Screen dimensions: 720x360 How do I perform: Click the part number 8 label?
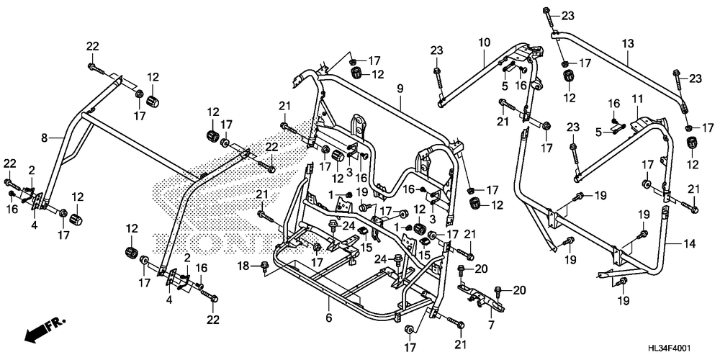click(45, 138)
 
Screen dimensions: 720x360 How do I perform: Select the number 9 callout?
click(400, 89)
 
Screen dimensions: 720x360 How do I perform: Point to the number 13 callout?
click(628, 44)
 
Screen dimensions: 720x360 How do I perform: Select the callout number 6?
click(329, 318)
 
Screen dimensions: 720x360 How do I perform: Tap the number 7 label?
click(491, 325)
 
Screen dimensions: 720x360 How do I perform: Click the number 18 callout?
click(244, 265)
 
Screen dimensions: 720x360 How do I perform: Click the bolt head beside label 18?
click(265, 266)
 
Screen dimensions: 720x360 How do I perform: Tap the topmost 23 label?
click(567, 16)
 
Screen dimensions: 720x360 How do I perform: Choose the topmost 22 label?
click(93, 46)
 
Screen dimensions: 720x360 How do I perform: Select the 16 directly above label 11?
click(613, 104)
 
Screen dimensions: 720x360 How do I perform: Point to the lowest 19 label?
click(624, 300)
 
